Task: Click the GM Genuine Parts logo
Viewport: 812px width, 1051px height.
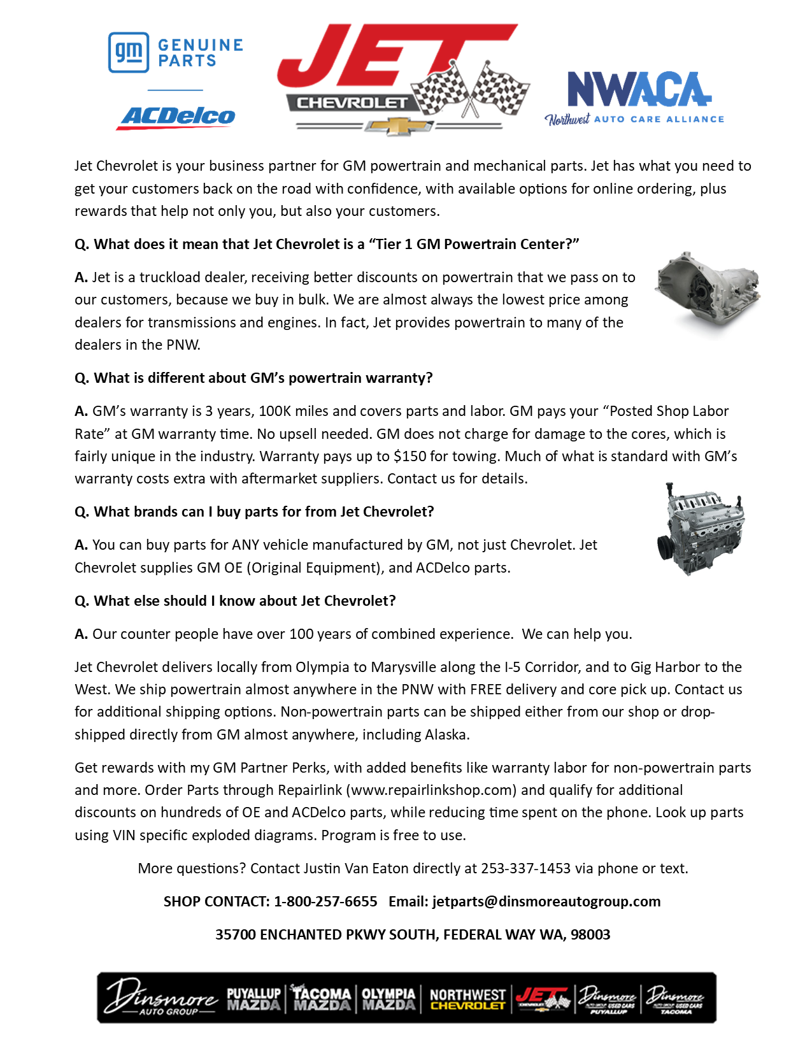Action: [175, 52]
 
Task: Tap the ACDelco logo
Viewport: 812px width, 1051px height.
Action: [176, 117]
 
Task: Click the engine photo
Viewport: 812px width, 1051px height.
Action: [701, 529]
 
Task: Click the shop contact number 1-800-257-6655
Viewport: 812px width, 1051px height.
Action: [325, 901]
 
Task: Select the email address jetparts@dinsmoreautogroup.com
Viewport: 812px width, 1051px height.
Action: [546, 901]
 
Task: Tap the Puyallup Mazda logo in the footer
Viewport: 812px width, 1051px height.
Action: [253, 999]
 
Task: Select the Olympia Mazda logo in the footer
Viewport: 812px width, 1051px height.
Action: [388, 999]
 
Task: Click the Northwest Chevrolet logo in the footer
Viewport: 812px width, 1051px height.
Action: [467, 999]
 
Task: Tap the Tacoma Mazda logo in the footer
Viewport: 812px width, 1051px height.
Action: [322, 999]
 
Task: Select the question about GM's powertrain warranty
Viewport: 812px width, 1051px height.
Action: [253, 378]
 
